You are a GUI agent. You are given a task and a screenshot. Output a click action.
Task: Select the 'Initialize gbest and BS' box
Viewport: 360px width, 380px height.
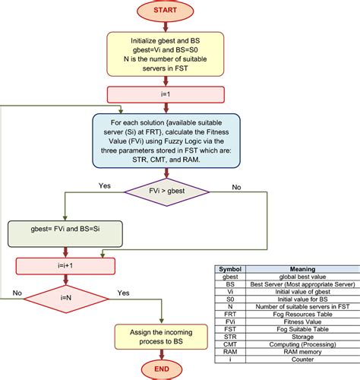tap(166, 54)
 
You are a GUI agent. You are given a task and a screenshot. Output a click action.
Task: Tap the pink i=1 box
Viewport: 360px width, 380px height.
tap(166, 94)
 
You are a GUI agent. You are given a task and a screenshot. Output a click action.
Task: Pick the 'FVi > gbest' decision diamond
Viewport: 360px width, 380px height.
tap(166, 194)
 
